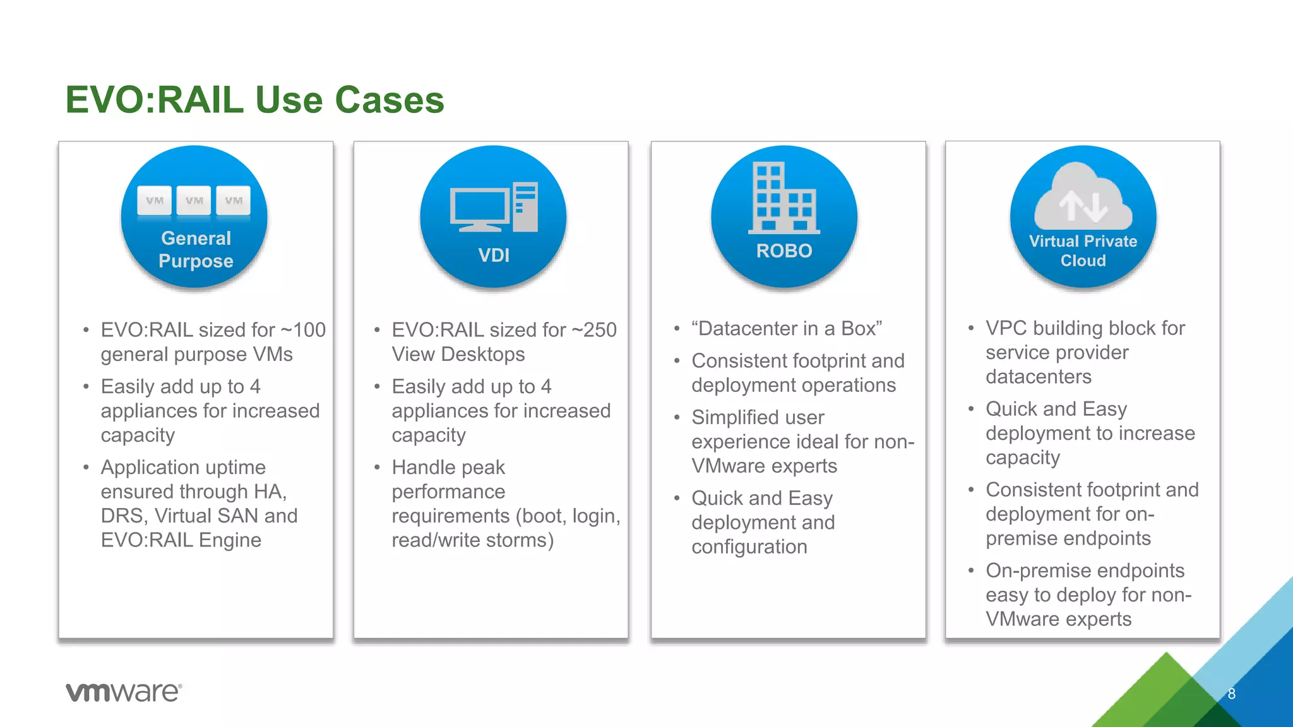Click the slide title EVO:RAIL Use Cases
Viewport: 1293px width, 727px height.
(x=254, y=100)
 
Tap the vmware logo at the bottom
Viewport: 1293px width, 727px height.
(x=124, y=692)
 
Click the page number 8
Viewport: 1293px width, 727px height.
(x=1231, y=694)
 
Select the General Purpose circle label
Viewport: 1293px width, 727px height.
(x=196, y=249)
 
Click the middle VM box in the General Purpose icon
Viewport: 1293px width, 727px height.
(x=194, y=201)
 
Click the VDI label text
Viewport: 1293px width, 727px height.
(x=494, y=256)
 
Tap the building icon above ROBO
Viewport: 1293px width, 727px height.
(x=784, y=198)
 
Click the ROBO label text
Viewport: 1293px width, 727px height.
(x=784, y=251)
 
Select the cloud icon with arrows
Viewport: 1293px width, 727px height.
(x=1083, y=199)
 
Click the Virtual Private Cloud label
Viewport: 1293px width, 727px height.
(x=1083, y=251)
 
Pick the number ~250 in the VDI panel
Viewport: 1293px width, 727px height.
(x=594, y=330)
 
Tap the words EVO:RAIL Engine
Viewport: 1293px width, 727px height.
(x=181, y=540)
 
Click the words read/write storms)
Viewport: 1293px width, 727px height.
(x=472, y=540)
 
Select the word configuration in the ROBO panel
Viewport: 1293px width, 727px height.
(x=749, y=547)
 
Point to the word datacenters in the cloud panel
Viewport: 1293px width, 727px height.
(x=1038, y=377)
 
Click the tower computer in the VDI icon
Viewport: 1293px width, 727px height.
(x=525, y=207)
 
